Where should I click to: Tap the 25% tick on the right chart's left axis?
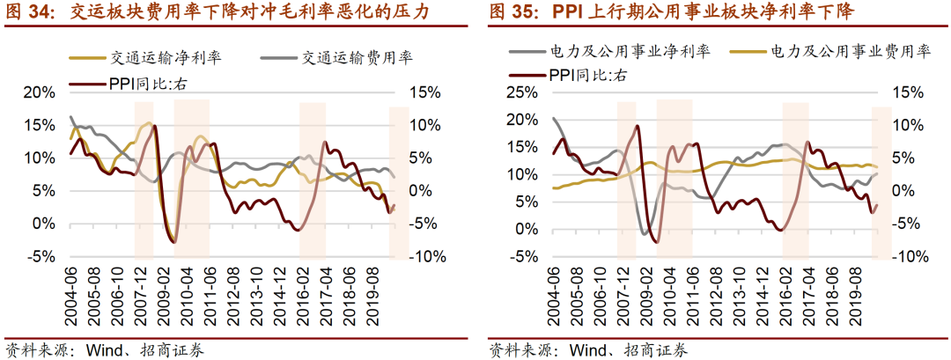coord(521,92)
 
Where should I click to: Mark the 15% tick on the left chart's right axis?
coord(422,92)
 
